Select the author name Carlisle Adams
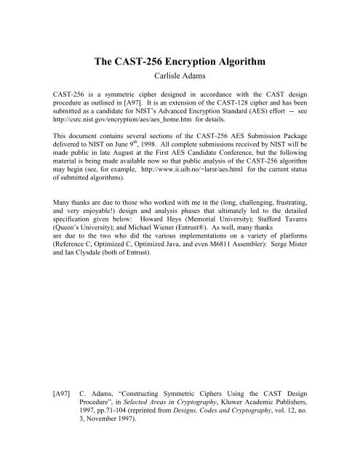pyautogui.click(x=180, y=79)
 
